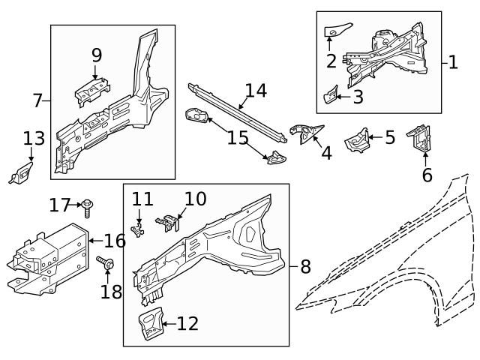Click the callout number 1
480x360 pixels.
coord(452,62)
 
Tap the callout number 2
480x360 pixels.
coord(331,61)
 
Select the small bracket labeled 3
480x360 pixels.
coord(328,96)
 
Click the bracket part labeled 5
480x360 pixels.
coord(358,139)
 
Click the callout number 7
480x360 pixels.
coord(37,100)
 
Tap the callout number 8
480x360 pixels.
coord(304,265)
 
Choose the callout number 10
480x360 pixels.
coord(194,199)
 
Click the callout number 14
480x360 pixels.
coord(255,91)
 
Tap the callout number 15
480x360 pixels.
coord(238,138)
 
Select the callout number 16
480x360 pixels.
coord(114,241)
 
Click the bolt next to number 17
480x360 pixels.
coord(88,205)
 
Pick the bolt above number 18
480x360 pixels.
coord(104,262)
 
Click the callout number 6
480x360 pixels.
coord(427,175)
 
